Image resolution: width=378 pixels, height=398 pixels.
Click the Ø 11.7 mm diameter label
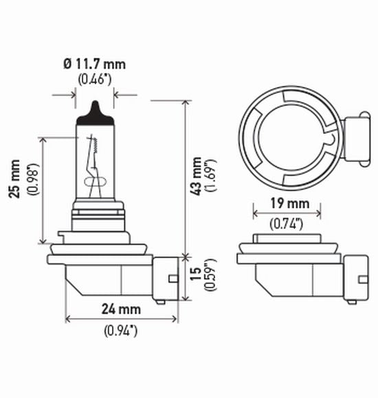(x=95, y=64)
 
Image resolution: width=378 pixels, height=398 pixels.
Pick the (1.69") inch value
(x=212, y=177)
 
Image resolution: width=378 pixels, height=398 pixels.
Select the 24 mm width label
(x=120, y=309)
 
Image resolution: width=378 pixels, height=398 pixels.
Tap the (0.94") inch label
(x=120, y=331)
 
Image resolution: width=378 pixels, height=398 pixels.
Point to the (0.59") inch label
(x=211, y=276)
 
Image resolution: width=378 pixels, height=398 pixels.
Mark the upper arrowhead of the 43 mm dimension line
(x=184, y=104)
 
